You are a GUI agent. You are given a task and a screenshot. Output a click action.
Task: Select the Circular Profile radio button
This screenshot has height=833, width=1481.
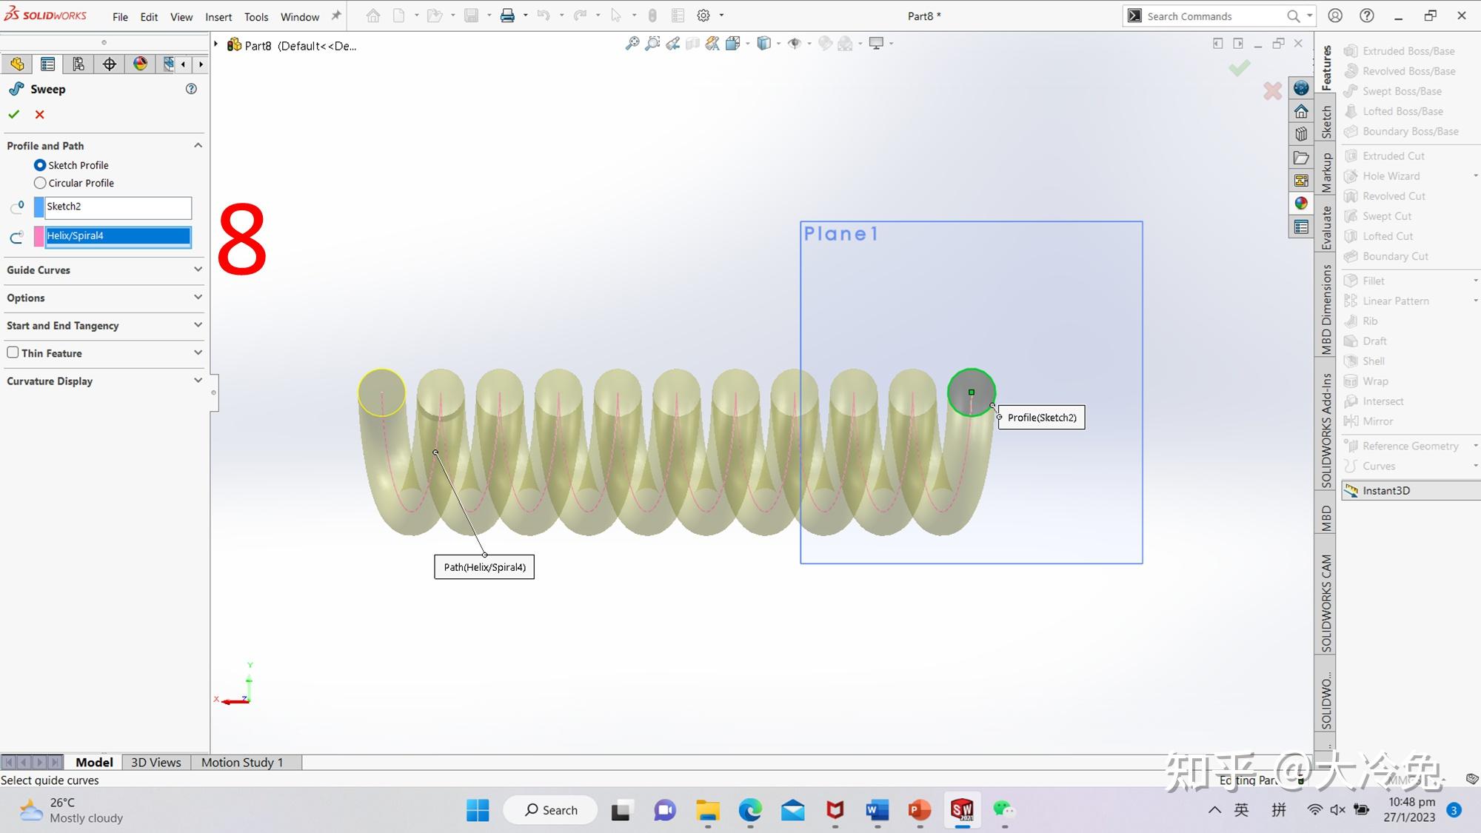(x=40, y=183)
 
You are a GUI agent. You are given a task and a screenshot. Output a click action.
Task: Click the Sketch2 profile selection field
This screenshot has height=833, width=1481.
(x=118, y=207)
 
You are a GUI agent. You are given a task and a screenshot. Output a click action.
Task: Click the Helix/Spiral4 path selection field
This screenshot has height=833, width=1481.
(x=118, y=236)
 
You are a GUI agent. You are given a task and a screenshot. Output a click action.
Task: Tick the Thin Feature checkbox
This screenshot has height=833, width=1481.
(x=13, y=352)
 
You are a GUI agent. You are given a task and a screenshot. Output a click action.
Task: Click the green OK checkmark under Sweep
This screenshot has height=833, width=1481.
(x=13, y=115)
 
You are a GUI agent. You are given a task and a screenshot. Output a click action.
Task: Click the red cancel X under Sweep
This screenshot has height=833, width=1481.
(x=40, y=115)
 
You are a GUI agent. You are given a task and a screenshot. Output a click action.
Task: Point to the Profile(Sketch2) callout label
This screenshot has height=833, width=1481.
(x=1041, y=418)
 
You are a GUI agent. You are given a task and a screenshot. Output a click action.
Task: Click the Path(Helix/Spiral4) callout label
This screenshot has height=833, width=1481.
(x=484, y=567)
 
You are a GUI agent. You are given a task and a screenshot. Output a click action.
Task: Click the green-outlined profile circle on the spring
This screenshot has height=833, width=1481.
(x=972, y=392)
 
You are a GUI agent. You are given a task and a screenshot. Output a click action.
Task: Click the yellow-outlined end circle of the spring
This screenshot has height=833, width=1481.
(x=382, y=392)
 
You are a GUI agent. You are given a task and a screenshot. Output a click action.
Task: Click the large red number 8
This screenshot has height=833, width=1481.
(x=242, y=241)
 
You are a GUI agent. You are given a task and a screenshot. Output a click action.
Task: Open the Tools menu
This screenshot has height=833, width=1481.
(x=256, y=17)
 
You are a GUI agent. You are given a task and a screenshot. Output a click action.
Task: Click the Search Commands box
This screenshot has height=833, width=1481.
(x=1214, y=16)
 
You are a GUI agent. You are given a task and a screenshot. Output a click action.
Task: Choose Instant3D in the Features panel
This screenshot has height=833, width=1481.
(x=1386, y=490)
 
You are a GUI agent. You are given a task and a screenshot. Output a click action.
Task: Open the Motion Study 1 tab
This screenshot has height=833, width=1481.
(x=242, y=762)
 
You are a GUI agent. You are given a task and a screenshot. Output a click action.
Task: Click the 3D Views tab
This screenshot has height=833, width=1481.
(x=156, y=762)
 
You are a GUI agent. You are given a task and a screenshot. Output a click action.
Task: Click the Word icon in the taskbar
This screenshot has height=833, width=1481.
(x=877, y=810)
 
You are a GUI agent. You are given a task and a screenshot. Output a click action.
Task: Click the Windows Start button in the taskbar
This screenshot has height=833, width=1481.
(x=478, y=810)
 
